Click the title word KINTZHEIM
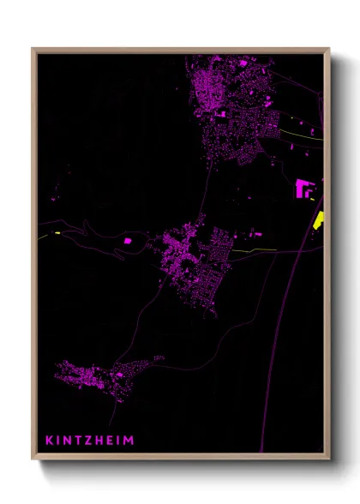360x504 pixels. pos(90,440)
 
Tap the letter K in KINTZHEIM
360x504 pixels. pos(49,440)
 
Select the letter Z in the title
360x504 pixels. pos(88,440)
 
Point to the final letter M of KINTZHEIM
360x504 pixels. pos(129,440)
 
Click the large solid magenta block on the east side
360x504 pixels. pos(304,189)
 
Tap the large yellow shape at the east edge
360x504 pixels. pos(319,219)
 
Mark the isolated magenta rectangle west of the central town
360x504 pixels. pos(129,241)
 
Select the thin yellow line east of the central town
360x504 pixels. pos(257,249)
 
